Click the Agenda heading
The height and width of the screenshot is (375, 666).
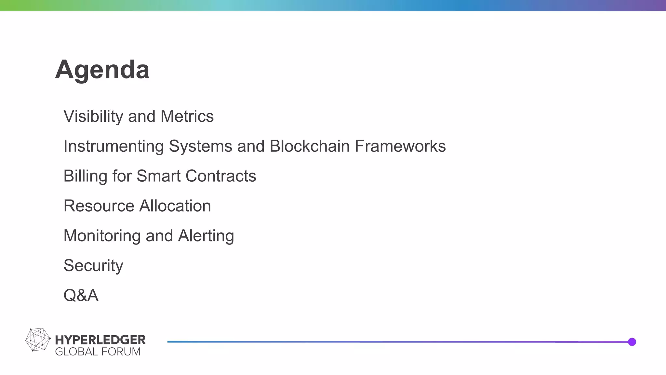(x=102, y=69)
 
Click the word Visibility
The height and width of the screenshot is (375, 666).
(x=93, y=116)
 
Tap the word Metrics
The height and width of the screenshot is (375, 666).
(x=187, y=116)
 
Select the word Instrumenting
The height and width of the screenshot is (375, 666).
(x=113, y=146)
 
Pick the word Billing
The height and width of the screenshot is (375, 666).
(x=85, y=176)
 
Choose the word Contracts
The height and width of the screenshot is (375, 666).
(x=221, y=176)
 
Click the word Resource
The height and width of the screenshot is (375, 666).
(x=99, y=206)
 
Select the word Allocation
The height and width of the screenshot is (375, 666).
(x=175, y=206)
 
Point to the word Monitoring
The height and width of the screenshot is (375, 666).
(x=102, y=236)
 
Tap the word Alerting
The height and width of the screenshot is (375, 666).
(x=206, y=236)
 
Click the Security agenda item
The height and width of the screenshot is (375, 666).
(x=93, y=266)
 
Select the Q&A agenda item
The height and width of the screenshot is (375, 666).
(x=81, y=295)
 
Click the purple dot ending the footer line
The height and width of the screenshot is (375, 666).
(x=632, y=342)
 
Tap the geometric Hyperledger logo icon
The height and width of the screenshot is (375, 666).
(x=38, y=340)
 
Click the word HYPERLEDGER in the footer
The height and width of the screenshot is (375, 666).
(x=100, y=340)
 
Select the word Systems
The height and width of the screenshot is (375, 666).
(x=200, y=146)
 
